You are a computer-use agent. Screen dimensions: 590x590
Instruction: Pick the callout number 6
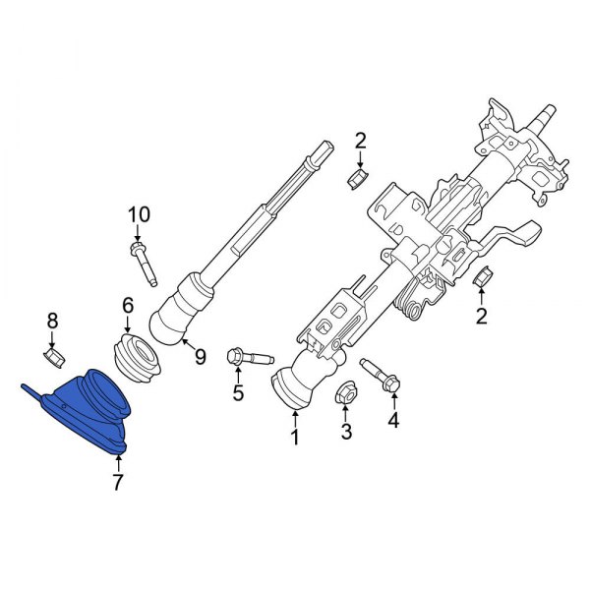[x=127, y=306]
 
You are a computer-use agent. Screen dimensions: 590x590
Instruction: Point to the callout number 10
[x=139, y=214]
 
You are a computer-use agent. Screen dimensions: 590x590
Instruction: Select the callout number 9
[x=200, y=357]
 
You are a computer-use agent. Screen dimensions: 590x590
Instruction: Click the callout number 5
[x=237, y=394]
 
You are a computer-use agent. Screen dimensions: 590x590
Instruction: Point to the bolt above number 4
[x=381, y=380]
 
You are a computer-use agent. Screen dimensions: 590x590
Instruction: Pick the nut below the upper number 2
[x=359, y=179]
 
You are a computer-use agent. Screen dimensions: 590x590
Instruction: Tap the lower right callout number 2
[x=482, y=316]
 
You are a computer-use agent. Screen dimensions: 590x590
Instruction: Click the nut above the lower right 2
[x=482, y=278]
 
